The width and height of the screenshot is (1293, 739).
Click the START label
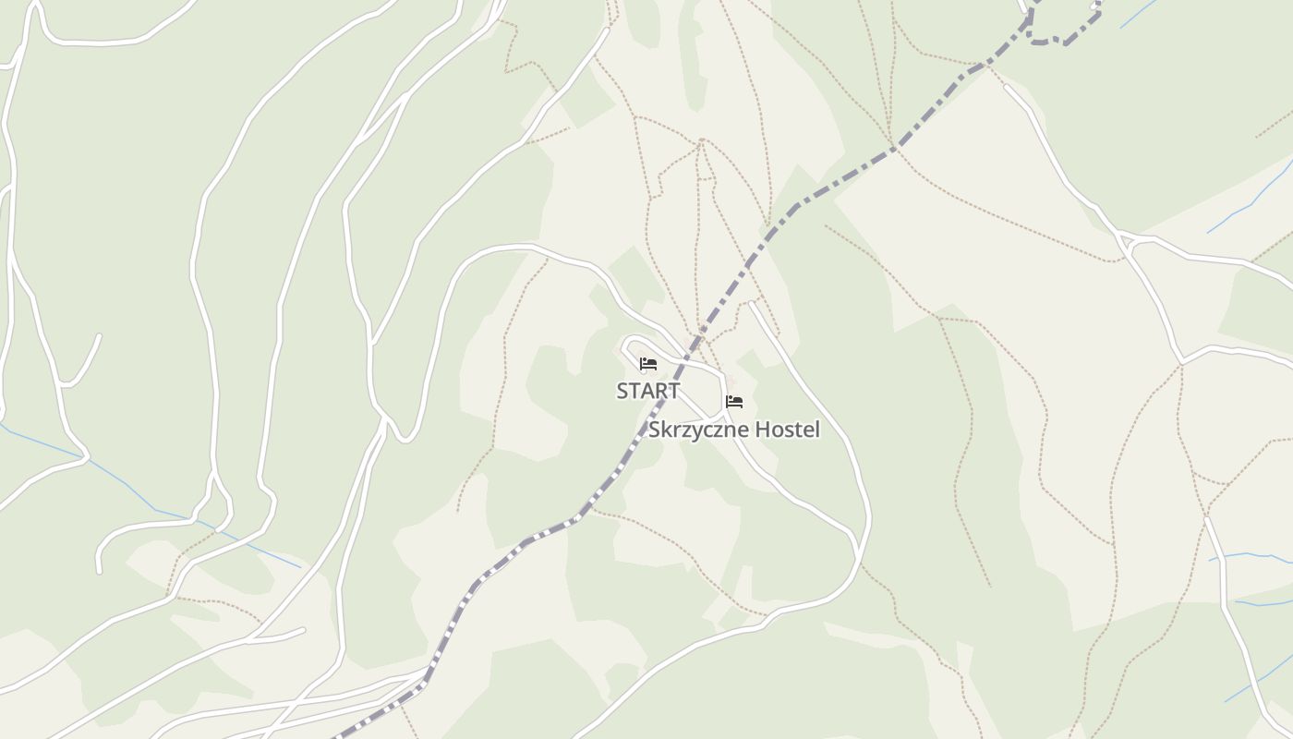pyautogui.click(x=648, y=391)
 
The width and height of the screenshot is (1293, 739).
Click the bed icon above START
pyautogui.click(x=648, y=364)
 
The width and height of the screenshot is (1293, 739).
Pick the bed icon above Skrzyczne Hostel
pyautogui.click(x=734, y=402)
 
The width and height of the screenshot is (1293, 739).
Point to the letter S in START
pyautogui.click(x=622, y=391)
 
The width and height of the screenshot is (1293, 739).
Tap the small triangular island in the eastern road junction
pyautogui.click(x=1127, y=242)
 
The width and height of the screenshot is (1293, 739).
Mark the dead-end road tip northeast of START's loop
pyautogui.click(x=752, y=303)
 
